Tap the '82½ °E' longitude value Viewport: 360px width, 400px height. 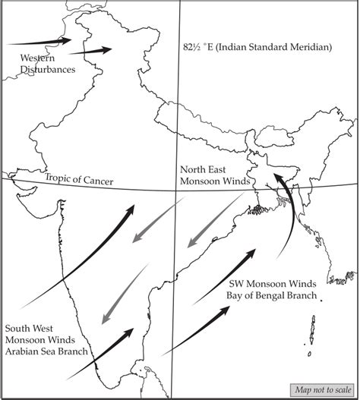pos(199,47)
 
